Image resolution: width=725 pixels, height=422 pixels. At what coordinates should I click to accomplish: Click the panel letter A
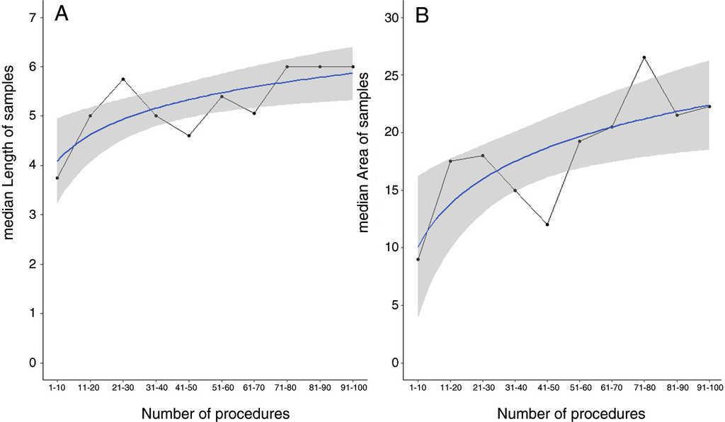(61, 15)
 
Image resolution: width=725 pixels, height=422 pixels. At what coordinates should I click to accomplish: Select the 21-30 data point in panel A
(123, 79)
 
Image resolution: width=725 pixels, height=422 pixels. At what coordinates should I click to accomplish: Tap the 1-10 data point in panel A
(57, 178)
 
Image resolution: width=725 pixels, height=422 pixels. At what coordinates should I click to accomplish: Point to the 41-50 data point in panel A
(189, 135)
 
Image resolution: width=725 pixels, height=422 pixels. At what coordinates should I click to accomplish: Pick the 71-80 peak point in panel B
(644, 57)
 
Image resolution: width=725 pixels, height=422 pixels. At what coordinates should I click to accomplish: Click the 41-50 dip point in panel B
(547, 224)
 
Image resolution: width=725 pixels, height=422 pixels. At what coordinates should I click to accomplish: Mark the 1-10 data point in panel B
(418, 259)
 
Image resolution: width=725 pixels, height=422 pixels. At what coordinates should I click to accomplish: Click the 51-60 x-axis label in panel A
(222, 388)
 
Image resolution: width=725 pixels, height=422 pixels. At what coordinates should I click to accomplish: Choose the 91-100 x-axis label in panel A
(352, 388)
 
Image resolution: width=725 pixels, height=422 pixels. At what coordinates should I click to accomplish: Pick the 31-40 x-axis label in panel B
(515, 388)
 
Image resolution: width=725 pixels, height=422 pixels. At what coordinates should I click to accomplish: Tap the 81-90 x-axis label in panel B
(677, 388)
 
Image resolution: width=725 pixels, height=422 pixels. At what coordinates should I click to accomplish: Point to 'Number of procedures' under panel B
(571, 413)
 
